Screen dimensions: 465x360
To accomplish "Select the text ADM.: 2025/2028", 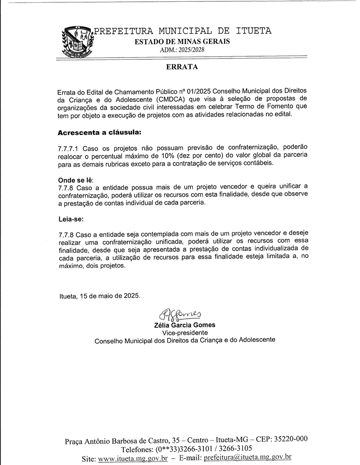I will point(182,50).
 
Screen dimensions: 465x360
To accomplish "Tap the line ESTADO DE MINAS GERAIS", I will point(183,41).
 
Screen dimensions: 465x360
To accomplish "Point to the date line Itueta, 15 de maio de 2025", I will point(99,296).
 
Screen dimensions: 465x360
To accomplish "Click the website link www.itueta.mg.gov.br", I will point(133,458).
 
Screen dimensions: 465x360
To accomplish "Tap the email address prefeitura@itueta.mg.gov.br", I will point(247,458).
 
